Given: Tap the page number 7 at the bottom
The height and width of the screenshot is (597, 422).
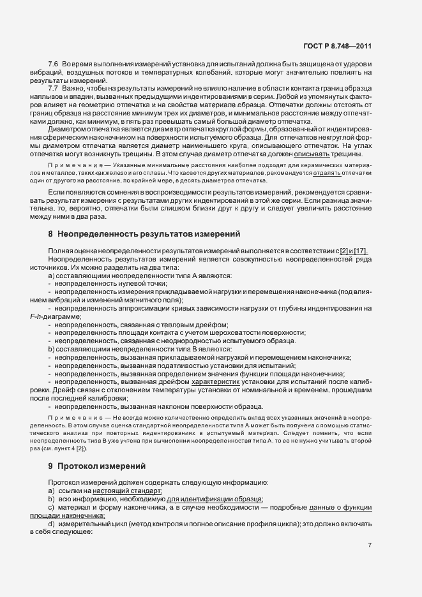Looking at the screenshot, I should click(x=370, y=546).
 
